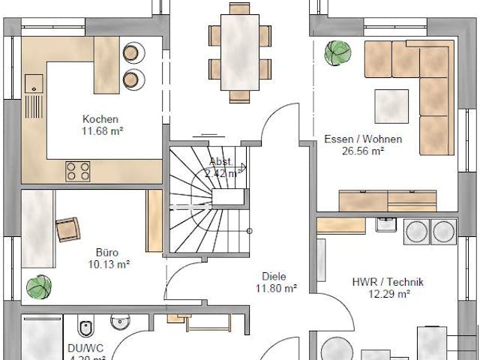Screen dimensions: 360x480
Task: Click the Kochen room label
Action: point(100,119)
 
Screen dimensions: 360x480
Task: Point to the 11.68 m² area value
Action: point(102,130)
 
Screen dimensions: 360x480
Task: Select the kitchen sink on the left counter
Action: point(33,83)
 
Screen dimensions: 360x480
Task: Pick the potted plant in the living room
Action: point(337,53)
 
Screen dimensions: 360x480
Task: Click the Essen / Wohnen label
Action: point(363,139)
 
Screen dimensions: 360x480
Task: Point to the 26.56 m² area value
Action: point(364,150)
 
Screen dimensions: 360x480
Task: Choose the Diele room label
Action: point(274,276)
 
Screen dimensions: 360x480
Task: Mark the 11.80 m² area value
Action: point(276,287)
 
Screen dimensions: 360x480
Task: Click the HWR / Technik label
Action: point(388,282)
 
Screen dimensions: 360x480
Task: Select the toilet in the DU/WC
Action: point(85,328)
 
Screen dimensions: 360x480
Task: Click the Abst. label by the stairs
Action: point(220,161)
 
